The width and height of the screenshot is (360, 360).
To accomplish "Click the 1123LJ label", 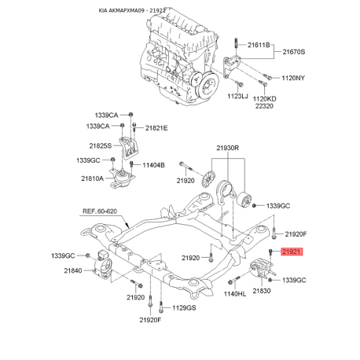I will click(x=238, y=95).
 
